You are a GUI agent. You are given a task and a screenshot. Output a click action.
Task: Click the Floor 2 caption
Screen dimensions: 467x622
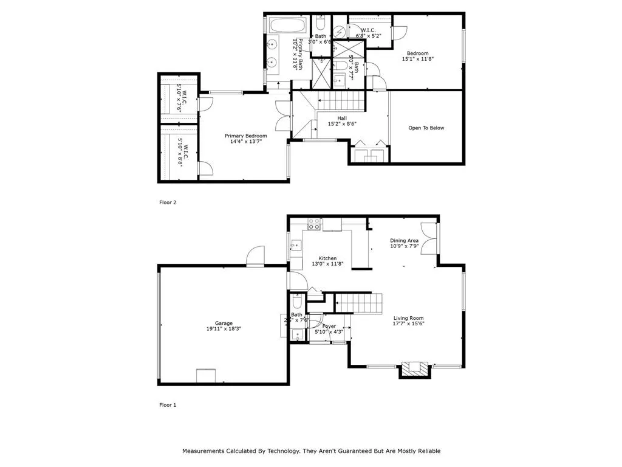click(x=168, y=202)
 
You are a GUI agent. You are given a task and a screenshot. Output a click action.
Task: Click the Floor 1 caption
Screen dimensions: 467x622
click(x=168, y=404)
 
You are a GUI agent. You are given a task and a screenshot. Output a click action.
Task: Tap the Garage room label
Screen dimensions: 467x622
click(x=224, y=323)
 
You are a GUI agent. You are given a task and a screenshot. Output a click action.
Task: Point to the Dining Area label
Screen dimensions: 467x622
click(x=404, y=240)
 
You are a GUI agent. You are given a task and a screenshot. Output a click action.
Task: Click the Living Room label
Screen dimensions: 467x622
click(x=408, y=318)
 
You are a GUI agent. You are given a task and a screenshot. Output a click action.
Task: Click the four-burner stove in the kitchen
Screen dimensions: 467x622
click(x=314, y=224)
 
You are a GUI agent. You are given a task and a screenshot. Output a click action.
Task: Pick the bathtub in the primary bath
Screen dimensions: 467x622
click(x=289, y=27)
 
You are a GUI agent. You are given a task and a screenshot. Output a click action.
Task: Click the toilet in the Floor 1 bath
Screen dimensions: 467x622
click(x=297, y=302)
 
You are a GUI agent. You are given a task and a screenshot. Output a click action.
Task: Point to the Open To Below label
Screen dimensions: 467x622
click(x=426, y=128)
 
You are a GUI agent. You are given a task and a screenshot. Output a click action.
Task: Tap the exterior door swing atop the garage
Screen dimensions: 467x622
click(x=256, y=257)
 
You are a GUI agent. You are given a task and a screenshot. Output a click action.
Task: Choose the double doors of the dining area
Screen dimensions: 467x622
click(x=430, y=238)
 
